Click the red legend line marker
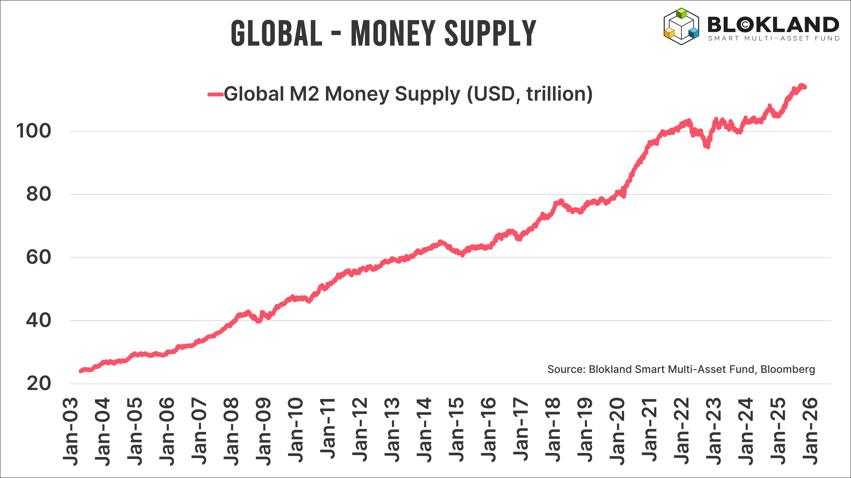pyautogui.click(x=215, y=94)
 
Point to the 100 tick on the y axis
pyautogui.click(x=34, y=131)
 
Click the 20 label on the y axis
pyautogui.click(x=39, y=384)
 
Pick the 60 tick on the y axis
pyautogui.click(x=39, y=258)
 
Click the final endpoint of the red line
pyautogui.click(x=805, y=87)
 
